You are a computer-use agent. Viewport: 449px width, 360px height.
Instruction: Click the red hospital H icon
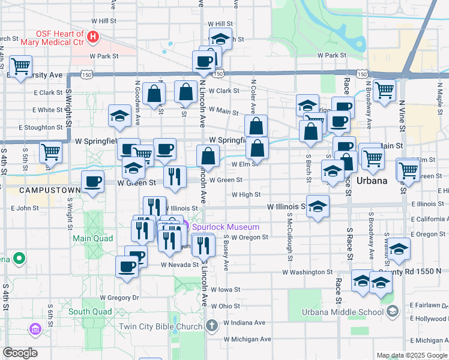(x=92, y=37)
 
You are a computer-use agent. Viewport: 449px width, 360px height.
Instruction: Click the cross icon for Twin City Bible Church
(x=211, y=326)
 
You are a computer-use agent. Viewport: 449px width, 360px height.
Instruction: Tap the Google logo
(x=20, y=352)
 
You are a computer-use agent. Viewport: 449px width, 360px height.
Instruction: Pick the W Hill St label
(x=103, y=21)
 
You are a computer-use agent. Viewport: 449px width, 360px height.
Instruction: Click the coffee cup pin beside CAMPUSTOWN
(x=92, y=182)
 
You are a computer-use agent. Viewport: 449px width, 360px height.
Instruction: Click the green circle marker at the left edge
(x=19, y=259)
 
